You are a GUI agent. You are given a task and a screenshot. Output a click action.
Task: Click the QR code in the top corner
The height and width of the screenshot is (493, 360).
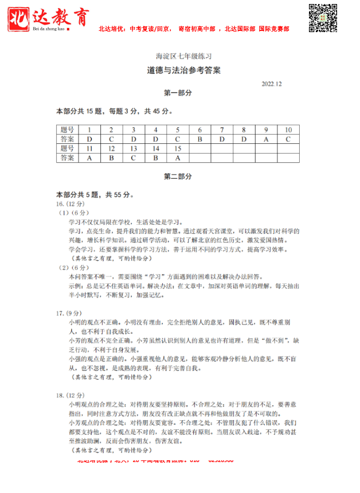point(323,18)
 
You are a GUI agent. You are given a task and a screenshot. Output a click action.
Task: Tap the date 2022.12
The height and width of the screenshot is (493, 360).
point(272,84)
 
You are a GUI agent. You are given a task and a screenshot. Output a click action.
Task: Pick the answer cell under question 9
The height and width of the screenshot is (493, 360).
point(266,139)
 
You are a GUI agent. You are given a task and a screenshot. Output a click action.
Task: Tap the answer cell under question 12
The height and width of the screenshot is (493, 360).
point(111,158)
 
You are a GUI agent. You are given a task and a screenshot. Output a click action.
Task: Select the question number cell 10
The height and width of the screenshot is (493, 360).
point(288,130)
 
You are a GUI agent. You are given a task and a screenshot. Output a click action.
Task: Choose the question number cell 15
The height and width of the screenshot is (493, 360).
point(178,148)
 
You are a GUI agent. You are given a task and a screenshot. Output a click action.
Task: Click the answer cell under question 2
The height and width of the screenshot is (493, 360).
point(111,139)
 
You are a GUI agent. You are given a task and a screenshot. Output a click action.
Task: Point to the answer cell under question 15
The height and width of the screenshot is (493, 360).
point(178,158)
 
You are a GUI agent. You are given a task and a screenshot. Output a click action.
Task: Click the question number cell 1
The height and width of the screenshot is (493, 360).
point(89,130)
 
